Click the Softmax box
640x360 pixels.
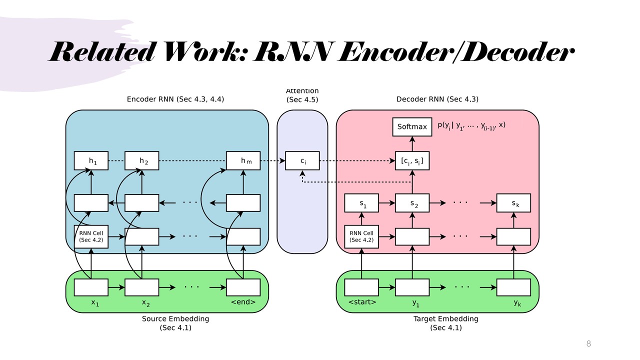click(412, 127)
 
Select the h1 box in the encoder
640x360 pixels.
click(91, 161)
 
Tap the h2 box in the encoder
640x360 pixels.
click(141, 161)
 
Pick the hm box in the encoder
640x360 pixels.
click(243, 161)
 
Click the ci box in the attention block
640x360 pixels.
click(302, 161)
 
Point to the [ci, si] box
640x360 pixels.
click(412, 161)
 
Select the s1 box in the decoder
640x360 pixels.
click(361, 203)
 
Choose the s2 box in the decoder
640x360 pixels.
click(412, 203)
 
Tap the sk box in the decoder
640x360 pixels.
click(513, 203)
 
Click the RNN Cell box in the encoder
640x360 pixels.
click(91, 236)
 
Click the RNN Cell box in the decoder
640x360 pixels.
click(361, 236)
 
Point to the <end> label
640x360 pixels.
click(243, 302)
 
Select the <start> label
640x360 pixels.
click(362, 302)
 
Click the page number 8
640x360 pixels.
click(588, 344)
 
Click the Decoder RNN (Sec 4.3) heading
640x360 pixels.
click(437, 99)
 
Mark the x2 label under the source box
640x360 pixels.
click(145, 302)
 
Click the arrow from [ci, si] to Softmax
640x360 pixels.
click(412, 144)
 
